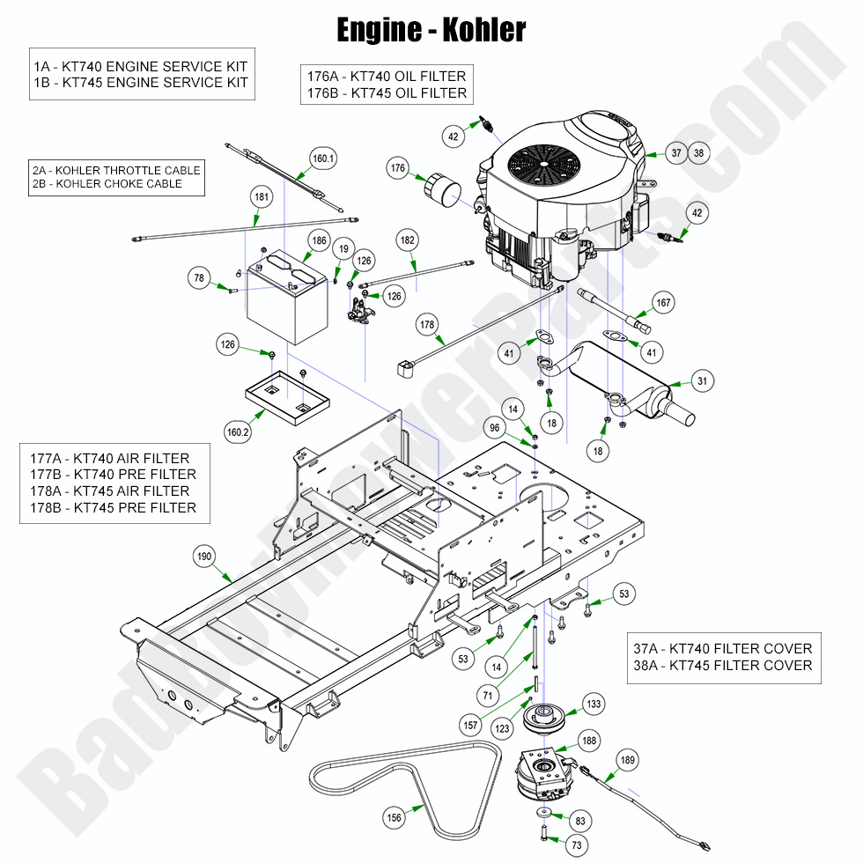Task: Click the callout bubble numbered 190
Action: (204, 557)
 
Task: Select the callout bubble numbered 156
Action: (395, 818)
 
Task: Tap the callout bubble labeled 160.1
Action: (323, 159)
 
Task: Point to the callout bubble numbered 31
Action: (703, 380)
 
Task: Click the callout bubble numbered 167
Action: (663, 303)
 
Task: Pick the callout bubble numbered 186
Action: (319, 240)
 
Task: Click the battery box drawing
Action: (287, 297)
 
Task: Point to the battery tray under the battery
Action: (287, 397)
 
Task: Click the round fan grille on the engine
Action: (543, 165)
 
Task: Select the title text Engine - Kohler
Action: (431, 30)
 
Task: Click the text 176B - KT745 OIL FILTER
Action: (387, 93)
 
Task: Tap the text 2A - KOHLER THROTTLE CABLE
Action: (116, 171)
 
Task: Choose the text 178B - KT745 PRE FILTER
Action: (113, 507)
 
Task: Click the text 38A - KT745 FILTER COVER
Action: (723, 666)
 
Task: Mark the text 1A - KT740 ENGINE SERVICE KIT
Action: (140, 67)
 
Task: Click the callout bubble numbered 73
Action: (577, 845)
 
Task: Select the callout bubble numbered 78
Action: (199, 278)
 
